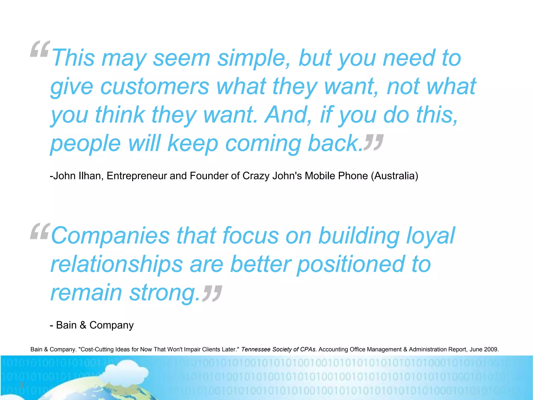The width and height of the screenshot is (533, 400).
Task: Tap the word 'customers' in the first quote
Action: [155, 86]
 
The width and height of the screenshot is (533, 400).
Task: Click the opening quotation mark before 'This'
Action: [40, 49]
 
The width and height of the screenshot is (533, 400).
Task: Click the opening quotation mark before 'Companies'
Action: [40, 231]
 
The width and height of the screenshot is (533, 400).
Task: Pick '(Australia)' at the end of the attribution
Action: [394, 176]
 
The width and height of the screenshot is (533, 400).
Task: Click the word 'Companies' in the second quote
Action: [110, 236]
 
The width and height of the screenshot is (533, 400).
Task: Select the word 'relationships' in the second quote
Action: [116, 265]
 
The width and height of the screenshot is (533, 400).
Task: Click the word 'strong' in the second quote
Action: [163, 293]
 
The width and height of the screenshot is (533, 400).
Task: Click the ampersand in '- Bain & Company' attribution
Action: [83, 325]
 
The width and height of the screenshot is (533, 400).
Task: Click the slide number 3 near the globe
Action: [21, 385]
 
